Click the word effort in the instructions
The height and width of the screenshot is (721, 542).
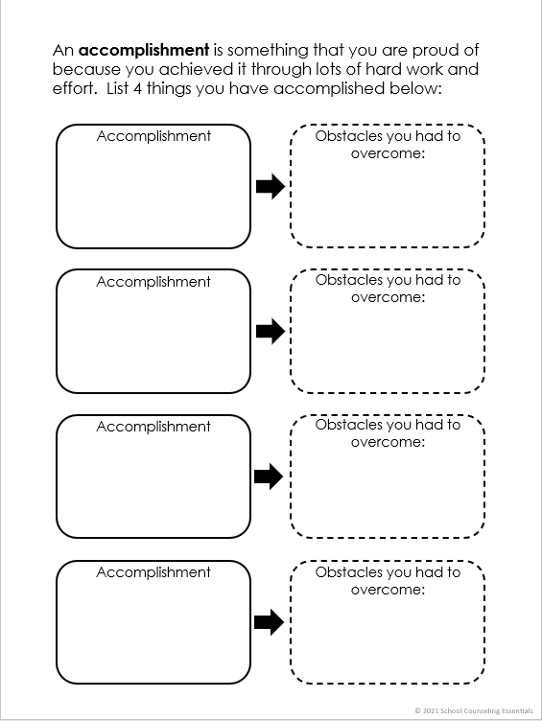74,89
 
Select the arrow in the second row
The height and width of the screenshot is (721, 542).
271,332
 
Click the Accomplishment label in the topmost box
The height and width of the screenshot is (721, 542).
153,136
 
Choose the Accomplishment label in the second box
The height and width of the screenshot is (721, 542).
153,282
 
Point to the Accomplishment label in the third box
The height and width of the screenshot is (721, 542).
153,427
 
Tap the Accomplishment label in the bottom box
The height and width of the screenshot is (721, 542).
153,572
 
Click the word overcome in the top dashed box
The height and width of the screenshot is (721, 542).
385,152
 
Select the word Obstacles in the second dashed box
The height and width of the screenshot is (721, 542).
349,280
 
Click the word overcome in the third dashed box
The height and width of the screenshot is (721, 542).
385,442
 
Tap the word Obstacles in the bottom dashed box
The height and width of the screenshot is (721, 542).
349,572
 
